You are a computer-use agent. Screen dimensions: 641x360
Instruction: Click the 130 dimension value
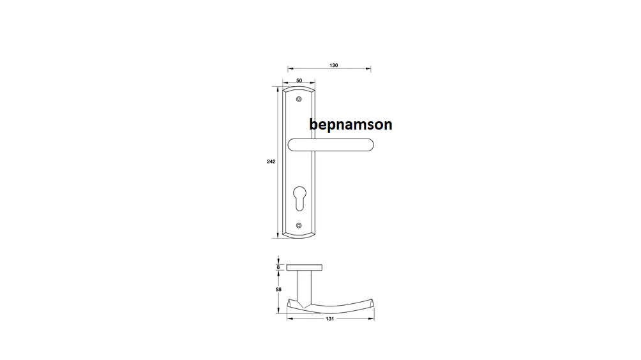point(333,65)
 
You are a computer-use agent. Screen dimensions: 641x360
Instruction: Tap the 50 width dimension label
point(299,80)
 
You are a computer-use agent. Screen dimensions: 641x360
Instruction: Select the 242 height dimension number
point(271,161)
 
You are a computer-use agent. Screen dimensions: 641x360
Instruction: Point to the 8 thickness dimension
point(278,267)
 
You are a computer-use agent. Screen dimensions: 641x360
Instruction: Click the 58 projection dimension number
point(278,289)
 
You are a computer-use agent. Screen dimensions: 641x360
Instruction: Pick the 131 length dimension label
point(330,319)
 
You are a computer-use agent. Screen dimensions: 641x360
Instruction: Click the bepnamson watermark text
point(351,124)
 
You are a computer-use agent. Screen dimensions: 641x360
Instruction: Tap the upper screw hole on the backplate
point(299,100)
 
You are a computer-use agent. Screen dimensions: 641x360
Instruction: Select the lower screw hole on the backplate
point(299,225)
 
